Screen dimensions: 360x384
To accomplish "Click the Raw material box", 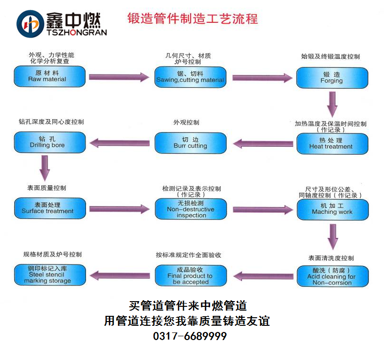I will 50,76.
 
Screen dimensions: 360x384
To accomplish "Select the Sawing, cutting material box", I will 190,77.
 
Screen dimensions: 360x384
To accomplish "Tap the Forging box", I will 332,77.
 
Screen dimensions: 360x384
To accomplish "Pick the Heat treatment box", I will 332,143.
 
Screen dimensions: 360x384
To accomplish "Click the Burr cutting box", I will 190,143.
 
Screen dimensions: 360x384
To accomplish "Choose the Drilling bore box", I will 50,142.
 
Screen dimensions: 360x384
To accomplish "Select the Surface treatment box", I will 50,208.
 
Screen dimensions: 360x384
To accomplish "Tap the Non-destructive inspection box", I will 190,209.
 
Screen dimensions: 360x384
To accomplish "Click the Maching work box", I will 332,209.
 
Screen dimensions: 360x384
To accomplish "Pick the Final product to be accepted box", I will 190,275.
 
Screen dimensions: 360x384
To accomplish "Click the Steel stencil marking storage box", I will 50,275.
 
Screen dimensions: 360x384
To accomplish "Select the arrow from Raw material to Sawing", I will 119,77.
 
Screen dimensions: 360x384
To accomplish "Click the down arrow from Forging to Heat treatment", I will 333,103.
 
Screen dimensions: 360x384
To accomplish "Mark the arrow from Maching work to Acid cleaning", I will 333,235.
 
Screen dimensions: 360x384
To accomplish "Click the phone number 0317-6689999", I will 190,336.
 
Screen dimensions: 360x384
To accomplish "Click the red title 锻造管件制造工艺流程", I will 192,19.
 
